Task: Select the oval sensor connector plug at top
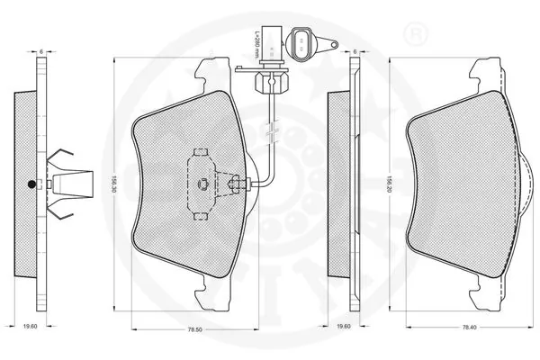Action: click(x=303, y=41)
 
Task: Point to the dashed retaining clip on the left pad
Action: click(x=202, y=184)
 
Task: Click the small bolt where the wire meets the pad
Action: click(x=236, y=186)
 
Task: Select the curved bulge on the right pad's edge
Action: click(x=525, y=184)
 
